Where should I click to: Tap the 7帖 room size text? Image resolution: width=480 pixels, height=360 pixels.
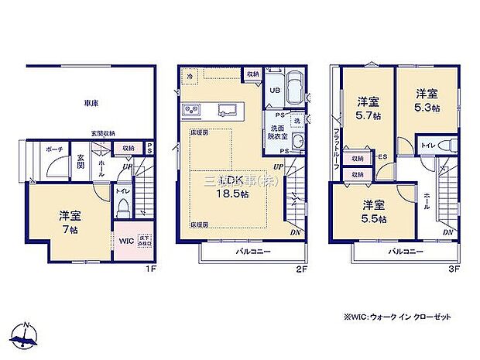(x=69, y=230)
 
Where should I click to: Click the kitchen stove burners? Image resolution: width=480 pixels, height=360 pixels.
(x=191, y=108)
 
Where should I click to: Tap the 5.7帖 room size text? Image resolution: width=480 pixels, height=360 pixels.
(x=368, y=116)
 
